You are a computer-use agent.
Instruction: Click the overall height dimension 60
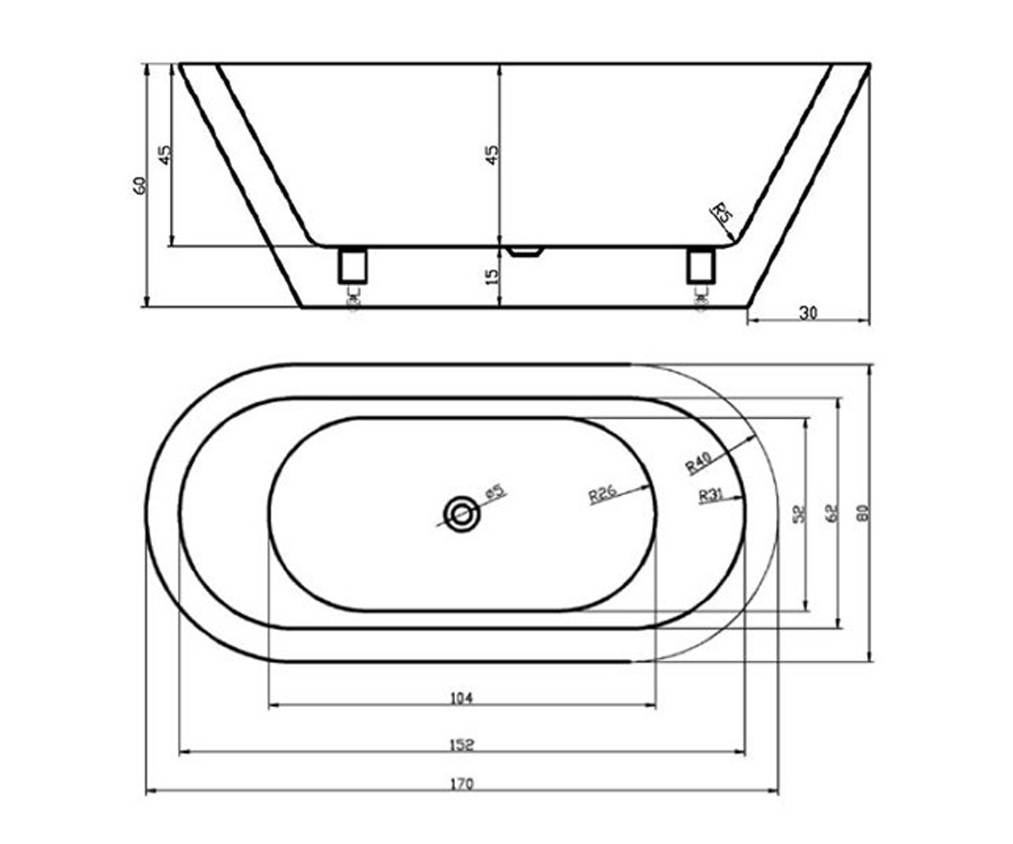coord(139,186)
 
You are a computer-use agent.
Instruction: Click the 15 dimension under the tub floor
coord(492,277)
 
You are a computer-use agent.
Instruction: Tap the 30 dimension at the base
coord(808,314)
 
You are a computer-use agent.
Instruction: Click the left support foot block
coord(353,266)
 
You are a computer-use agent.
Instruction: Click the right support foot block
coord(701,266)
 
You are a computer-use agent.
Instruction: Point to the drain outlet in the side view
coord(524,252)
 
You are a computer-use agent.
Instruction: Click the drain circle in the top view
coord(462,514)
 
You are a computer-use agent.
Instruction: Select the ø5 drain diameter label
coord(496,491)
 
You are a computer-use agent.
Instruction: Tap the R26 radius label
coord(603,494)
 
